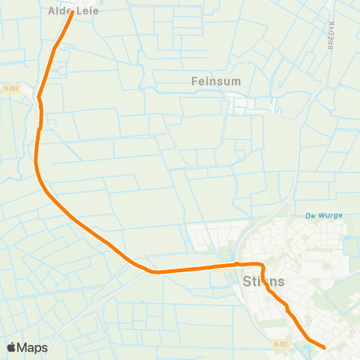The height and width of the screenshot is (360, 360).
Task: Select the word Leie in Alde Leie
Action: coord(88,11)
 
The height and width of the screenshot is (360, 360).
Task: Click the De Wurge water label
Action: coord(324,215)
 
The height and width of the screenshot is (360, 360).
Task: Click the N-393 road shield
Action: coord(10,88)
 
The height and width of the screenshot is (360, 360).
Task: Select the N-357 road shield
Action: coord(280,343)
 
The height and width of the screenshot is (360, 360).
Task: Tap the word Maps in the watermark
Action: coord(33,347)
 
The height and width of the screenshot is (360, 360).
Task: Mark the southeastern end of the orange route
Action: coord(323,347)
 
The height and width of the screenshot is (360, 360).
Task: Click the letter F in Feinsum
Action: coord(194,79)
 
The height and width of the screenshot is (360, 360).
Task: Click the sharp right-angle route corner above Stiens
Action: coord(263,265)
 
